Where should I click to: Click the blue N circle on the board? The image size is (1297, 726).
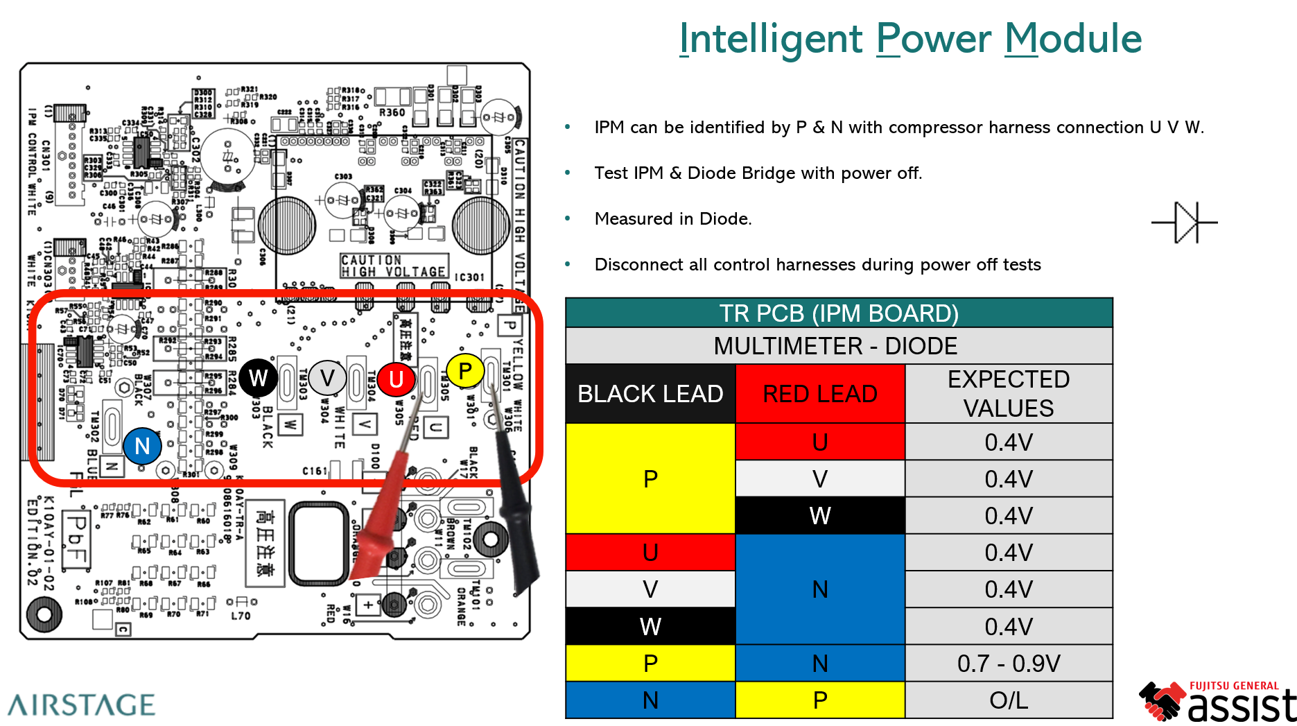(142, 446)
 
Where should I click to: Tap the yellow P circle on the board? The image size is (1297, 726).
(465, 371)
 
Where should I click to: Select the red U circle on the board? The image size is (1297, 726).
(396, 379)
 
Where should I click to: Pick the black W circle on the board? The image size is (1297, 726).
(258, 378)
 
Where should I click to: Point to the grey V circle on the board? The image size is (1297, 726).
(327, 378)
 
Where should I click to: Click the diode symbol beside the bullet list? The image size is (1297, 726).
(1185, 223)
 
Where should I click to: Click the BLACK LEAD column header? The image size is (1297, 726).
(650, 394)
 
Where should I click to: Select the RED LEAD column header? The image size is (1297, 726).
(820, 394)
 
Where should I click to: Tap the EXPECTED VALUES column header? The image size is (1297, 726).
(1009, 394)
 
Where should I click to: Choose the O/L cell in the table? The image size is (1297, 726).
(1009, 700)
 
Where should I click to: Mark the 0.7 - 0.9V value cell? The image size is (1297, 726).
(1009, 664)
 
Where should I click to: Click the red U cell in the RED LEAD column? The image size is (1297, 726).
(820, 442)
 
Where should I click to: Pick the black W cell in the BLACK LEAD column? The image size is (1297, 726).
(650, 627)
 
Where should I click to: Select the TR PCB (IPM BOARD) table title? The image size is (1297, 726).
(839, 313)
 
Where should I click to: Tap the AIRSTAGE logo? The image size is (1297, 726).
(82, 705)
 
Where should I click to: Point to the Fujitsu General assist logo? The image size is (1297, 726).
(1218, 702)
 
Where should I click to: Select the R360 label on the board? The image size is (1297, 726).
(392, 112)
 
